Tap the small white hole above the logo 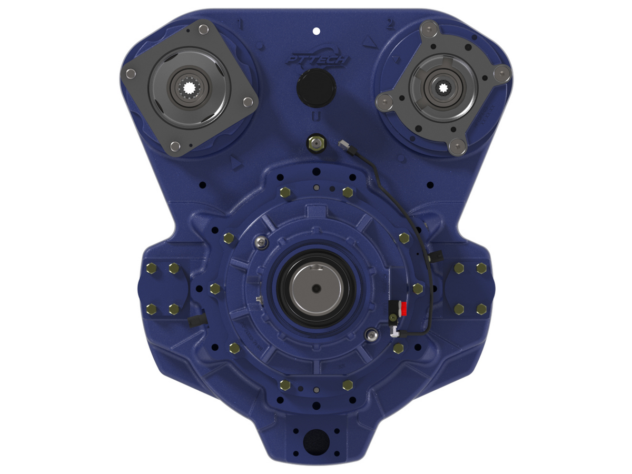(x=316, y=31)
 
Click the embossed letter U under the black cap (x=315, y=116)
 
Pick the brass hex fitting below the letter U (x=314, y=142)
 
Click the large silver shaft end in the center (x=316, y=288)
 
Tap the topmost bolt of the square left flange (x=203, y=31)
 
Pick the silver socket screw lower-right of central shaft (x=373, y=334)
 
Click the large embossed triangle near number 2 (x=368, y=42)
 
